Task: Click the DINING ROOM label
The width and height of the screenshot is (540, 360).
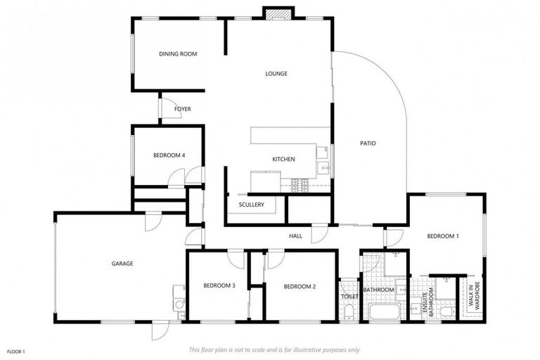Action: [x=177, y=53]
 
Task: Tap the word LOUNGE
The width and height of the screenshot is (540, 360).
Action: [x=276, y=73]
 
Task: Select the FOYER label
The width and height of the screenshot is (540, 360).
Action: [x=183, y=109]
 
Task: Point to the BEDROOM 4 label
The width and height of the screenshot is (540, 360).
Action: [x=169, y=155]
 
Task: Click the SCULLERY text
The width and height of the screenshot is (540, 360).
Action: [x=251, y=205]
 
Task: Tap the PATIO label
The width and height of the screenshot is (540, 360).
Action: [x=368, y=143]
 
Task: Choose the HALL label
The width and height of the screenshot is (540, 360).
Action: [x=295, y=236]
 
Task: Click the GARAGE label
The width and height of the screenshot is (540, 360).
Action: [x=122, y=264]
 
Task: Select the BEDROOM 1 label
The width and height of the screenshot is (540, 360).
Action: [x=442, y=236]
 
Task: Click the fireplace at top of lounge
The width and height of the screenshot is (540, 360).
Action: [x=276, y=13]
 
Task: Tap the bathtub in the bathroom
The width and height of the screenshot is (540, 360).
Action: [x=384, y=311]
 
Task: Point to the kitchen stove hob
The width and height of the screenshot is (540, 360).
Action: [x=300, y=184]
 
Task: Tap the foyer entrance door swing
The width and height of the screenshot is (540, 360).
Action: [x=169, y=108]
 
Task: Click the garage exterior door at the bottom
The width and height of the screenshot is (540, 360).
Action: [x=160, y=329]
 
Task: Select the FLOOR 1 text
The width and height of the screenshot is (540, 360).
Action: [x=16, y=351]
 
